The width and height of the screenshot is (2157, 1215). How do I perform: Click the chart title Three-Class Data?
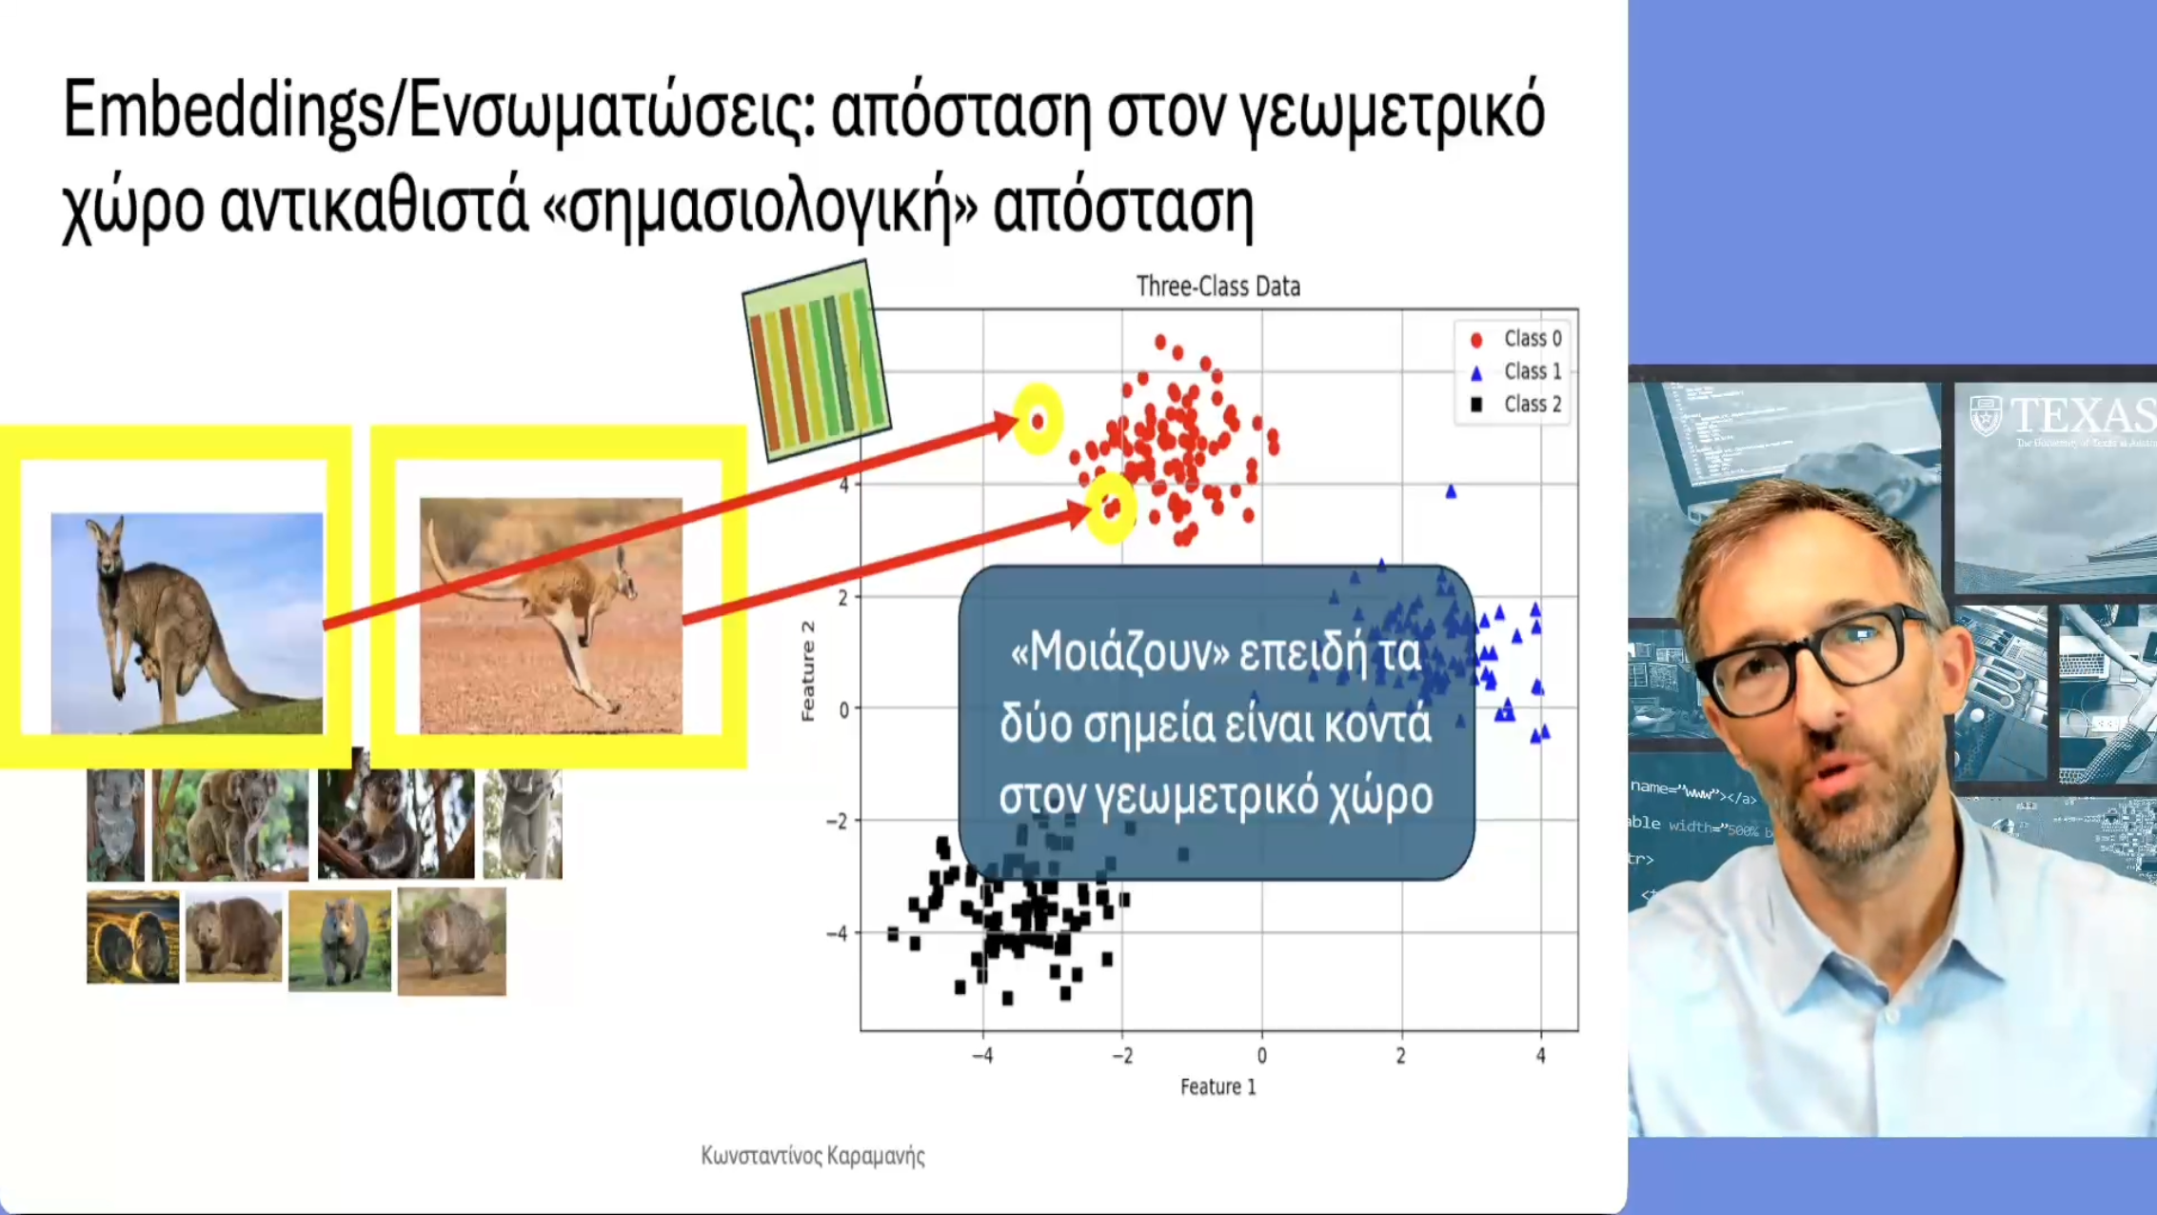(1217, 287)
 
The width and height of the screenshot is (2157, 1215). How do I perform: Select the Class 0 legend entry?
(1517, 339)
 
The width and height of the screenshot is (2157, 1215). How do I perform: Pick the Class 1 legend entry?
(1517, 371)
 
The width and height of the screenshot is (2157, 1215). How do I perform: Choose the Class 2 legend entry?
(1517, 405)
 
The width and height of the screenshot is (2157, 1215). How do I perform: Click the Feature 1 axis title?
(1217, 1086)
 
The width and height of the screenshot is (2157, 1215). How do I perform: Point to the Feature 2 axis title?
(808, 671)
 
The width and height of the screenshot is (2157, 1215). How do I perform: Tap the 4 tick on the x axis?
(1540, 1056)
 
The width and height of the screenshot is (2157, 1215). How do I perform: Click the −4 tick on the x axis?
(982, 1056)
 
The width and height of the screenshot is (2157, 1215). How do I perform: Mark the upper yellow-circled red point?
(1038, 420)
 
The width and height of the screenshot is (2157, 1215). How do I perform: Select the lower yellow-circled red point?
(1110, 508)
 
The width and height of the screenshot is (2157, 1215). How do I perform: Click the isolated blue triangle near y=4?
(1451, 492)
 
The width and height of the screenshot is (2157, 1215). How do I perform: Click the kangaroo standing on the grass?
(187, 623)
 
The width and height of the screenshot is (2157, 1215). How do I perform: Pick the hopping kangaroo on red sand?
(551, 615)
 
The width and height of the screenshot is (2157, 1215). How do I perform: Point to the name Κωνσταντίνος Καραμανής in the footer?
(812, 1156)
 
